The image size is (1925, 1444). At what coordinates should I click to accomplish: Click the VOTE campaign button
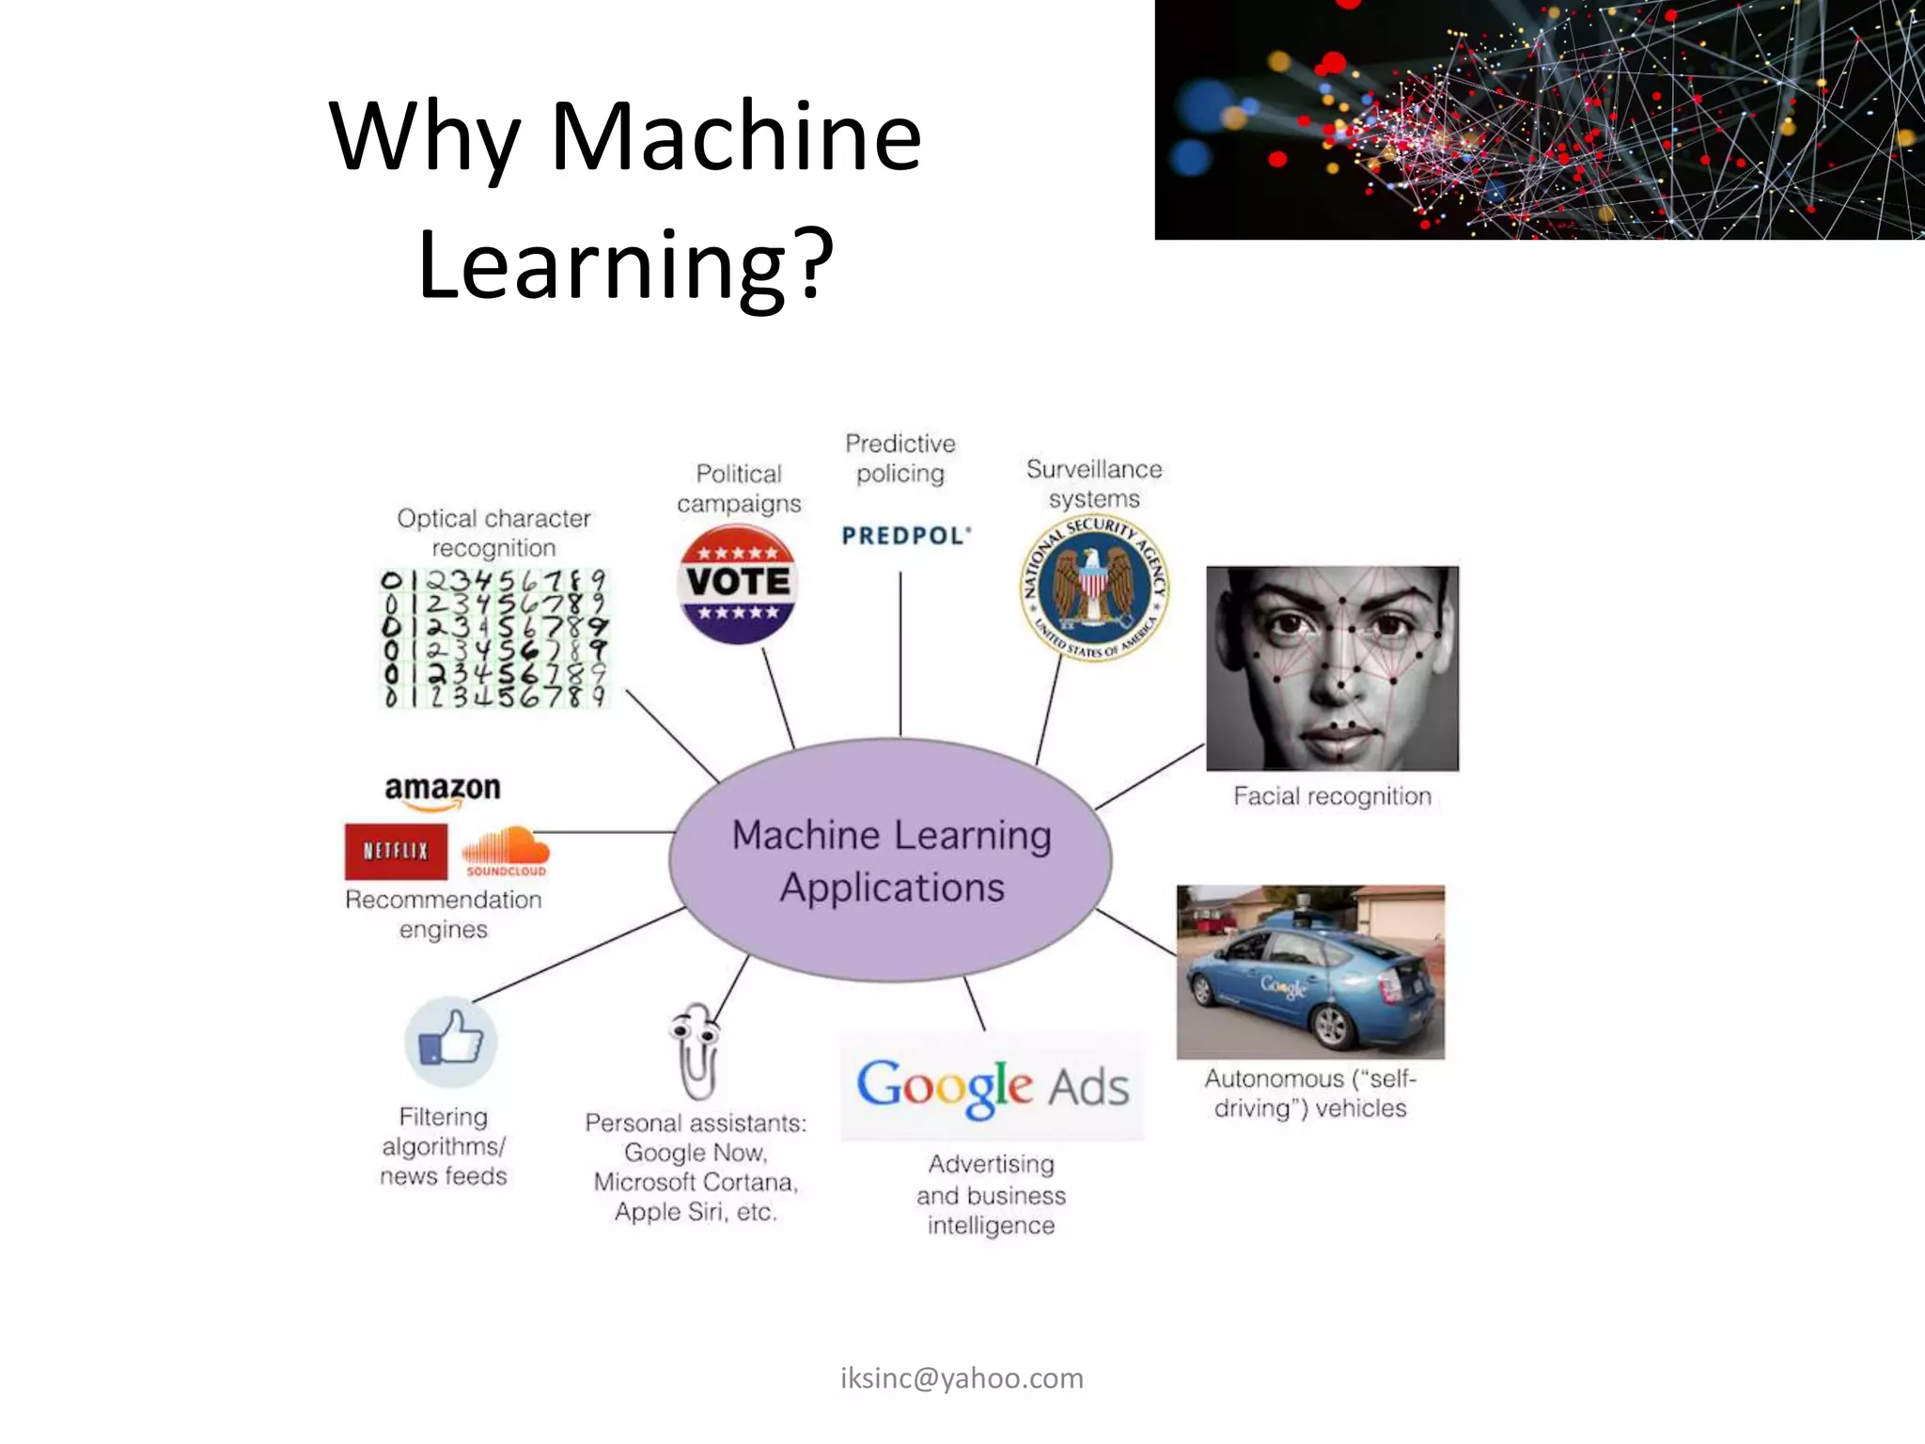738,584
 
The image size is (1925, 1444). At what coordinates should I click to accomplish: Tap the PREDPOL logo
906,536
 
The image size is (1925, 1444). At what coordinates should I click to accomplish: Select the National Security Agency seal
1094,589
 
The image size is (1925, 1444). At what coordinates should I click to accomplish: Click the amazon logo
442,791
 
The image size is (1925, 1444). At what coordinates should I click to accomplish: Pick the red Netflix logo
396,851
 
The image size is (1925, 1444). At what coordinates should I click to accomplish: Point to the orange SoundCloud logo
506,851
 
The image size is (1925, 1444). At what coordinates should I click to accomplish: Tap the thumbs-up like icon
450,1042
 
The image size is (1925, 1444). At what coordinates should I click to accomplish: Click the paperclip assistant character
696,1051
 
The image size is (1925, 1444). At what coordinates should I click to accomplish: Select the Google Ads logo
992,1087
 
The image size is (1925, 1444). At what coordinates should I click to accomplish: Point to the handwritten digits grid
493,637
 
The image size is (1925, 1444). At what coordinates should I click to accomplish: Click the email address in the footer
962,1378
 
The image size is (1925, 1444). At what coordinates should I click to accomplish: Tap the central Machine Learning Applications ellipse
891,860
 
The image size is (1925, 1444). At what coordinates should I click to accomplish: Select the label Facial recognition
1332,796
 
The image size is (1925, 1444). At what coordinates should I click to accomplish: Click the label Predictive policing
900,458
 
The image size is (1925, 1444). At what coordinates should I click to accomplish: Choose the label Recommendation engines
444,914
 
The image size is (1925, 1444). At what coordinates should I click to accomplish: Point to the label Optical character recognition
493,532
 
